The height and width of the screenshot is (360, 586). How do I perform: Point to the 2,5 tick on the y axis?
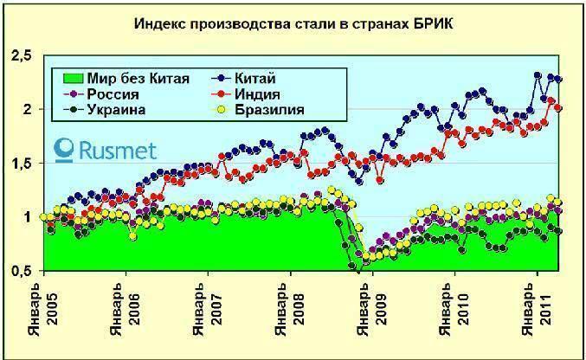coord(20,57)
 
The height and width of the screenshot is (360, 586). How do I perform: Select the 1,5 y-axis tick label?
coord(20,164)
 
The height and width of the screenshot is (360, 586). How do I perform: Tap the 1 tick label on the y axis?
coord(26,218)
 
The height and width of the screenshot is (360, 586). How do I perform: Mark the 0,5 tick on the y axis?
coord(20,272)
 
